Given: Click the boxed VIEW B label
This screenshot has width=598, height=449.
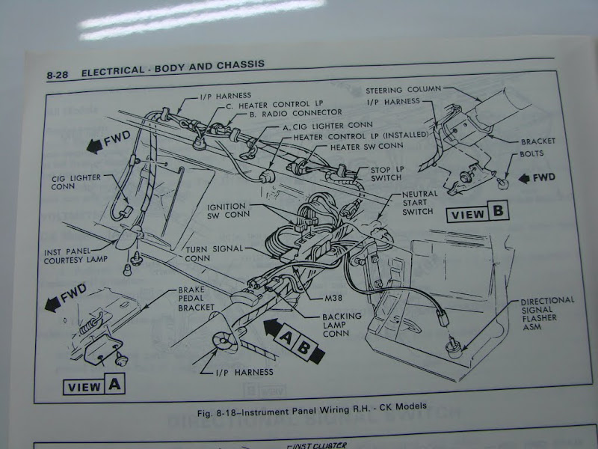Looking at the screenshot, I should [478, 213].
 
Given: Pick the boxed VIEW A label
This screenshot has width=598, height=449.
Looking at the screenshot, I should [93, 386].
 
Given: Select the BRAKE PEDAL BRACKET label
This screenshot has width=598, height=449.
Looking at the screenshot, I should [197, 299].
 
